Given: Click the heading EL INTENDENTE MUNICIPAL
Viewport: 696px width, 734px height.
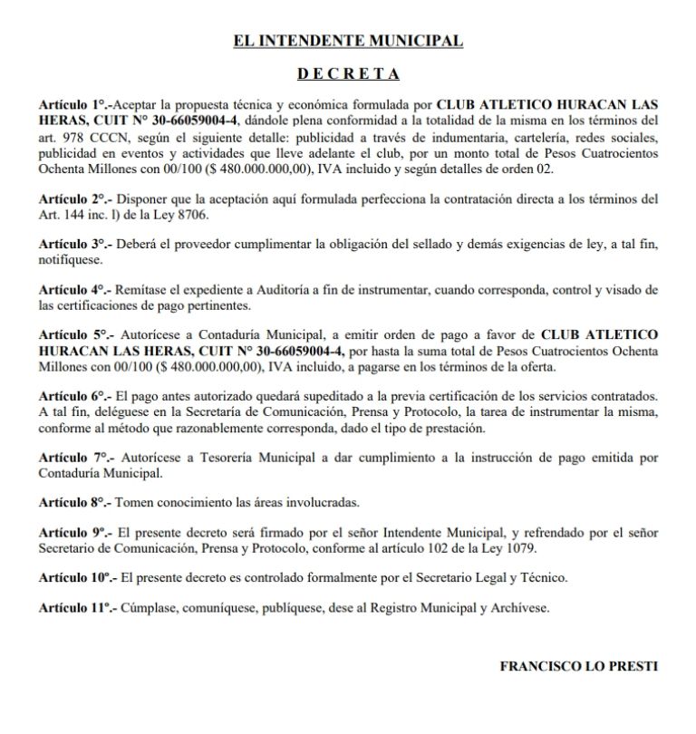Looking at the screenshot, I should click(348, 41).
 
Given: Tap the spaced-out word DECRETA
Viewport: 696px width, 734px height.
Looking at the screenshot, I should click(348, 73).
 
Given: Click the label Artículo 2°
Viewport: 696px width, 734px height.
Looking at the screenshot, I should click(73, 198).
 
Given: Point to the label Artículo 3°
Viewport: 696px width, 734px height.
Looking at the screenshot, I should click(73, 245).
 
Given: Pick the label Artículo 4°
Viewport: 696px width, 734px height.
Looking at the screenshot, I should click(73, 290).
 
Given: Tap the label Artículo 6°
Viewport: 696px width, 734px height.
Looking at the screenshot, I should click(73, 397).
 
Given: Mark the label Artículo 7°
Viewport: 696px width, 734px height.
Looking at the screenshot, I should click(73, 459).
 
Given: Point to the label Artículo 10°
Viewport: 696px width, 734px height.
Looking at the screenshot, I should click(77, 578).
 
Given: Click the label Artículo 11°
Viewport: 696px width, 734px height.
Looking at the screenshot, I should click(77, 608).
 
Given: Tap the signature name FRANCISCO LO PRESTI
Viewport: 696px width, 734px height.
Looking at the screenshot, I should click(578, 666).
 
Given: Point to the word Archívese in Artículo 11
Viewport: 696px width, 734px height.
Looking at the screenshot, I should click(518, 608).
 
